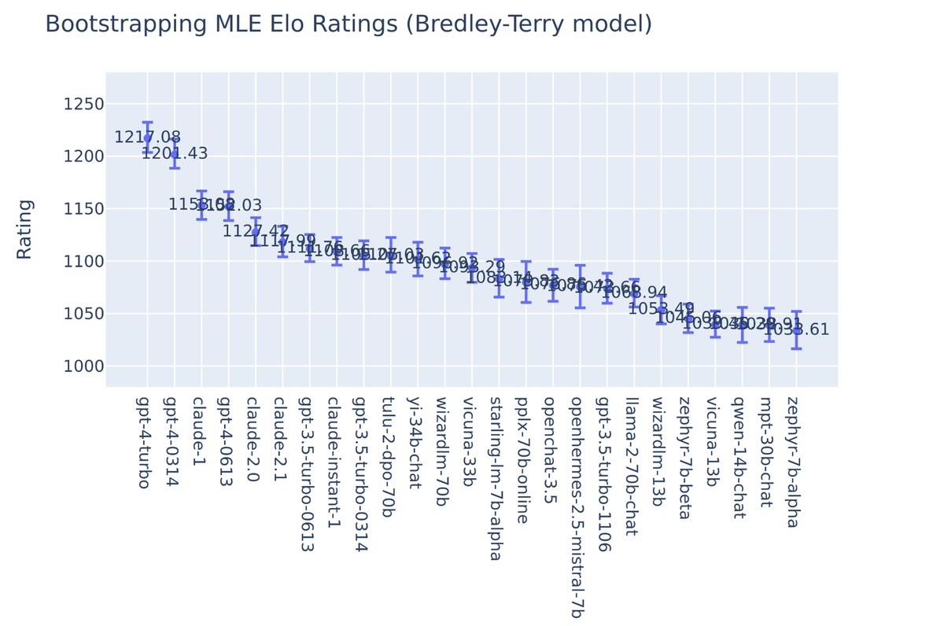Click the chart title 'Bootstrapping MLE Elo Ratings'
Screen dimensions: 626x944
[x=348, y=24]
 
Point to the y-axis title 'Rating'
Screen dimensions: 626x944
[x=24, y=229]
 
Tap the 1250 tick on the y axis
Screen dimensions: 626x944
[x=83, y=105]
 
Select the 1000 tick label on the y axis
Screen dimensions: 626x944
[x=83, y=366]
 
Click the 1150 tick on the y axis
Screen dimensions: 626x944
[x=83, y=209]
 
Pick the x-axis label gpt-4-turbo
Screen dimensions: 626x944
[x=144, y=442]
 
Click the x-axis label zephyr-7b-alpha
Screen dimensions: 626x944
[x=793, y=462]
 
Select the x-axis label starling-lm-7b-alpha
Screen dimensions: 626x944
[x=496, y=478]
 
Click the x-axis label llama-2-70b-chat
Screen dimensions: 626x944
[x=631, y=466]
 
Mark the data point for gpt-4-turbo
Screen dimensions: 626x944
[x=147, y=138]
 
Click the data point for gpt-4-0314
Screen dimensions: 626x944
[x=175, y=155]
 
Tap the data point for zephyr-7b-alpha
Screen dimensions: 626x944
[x=796, y=331]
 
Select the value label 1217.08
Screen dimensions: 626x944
[x=147, y=138]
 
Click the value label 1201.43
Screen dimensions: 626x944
[x=175, y=154]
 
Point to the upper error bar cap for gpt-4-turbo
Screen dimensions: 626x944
[x=147, y=123]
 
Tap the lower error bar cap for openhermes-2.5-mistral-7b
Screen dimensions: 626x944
[x=580, y=307]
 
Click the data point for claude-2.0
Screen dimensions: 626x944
[x=256, y=233]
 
